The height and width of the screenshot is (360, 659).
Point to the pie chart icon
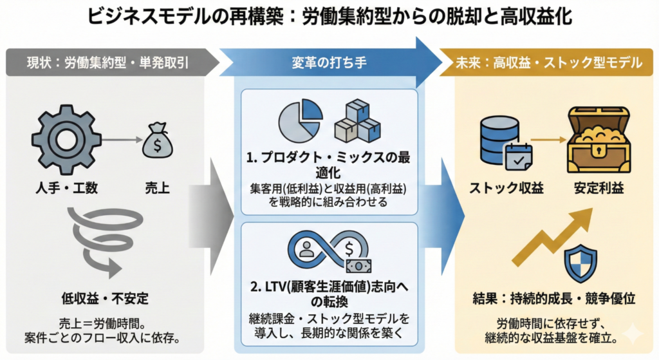(301, 120)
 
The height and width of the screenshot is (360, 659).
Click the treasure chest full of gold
(599, 138)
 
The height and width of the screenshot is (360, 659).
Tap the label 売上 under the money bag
(158, 189)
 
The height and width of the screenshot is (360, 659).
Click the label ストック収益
(506, 189)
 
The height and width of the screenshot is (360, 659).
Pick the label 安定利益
(599, 189)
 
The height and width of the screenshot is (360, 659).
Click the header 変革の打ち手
(329, 63)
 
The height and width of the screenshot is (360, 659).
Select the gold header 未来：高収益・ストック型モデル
(554, 63)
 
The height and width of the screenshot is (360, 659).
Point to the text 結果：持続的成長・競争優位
(553, 298)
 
